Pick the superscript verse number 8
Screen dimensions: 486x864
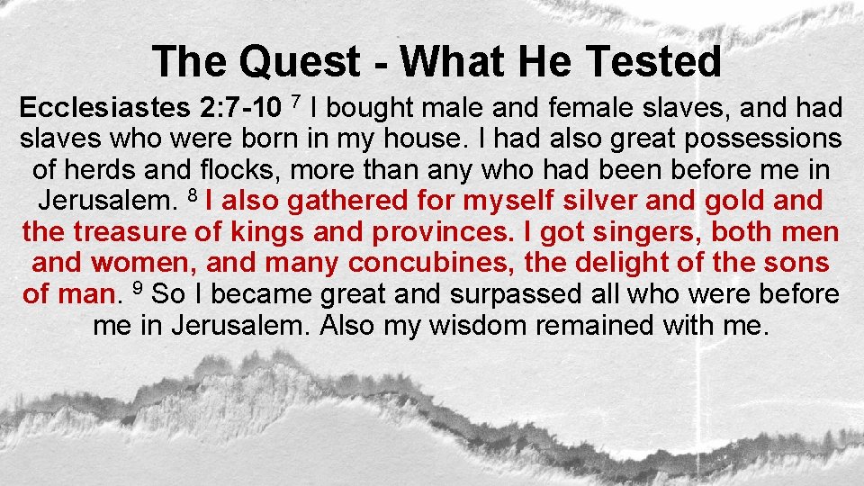192,194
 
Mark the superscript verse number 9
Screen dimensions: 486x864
138,286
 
